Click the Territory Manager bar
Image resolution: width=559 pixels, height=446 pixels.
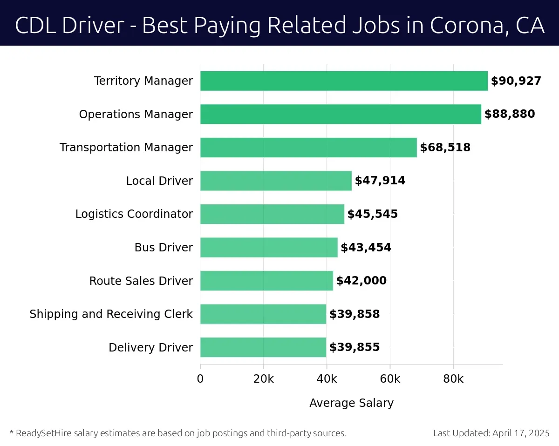pos(344,81)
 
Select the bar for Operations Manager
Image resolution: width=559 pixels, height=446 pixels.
pos(341,114)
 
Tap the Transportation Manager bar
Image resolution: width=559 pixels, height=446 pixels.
pos(308,148)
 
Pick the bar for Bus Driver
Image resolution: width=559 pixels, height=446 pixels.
pos(269,247)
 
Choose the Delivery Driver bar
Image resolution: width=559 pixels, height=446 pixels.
pos(263,347)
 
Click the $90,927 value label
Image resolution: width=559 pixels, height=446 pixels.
pos(516,81)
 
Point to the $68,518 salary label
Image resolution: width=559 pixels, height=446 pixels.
pos(445,148)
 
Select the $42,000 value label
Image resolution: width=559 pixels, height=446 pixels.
pos(361,281)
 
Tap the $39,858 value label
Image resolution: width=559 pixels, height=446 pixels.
pos(354,314)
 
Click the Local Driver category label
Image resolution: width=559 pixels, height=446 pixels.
pos(159,181)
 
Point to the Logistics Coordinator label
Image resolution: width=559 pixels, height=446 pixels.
pos(134,214)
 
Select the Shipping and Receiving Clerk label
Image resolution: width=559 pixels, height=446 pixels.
pos(111,314)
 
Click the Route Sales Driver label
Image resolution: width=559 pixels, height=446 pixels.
pos(141,281)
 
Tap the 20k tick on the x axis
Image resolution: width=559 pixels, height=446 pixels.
pos(263,379)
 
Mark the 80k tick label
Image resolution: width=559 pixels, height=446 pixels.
pos(453,379)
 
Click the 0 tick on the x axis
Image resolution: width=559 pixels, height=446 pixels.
pos(200,379)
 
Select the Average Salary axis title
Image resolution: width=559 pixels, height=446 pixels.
pos(351,403)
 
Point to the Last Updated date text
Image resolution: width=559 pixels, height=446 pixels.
pos(491,433)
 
